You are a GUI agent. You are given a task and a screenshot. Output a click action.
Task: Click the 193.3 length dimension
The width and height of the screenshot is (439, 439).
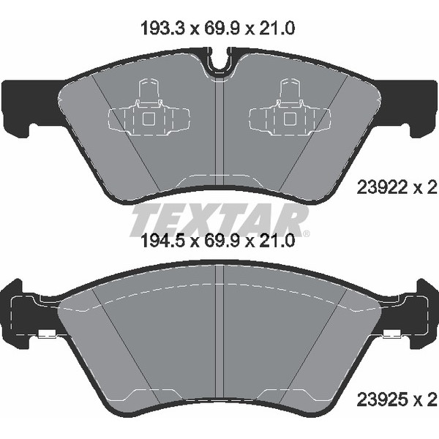(x=162, y=29)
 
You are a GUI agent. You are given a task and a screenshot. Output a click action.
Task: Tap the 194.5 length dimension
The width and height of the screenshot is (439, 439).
(x=162, y=241)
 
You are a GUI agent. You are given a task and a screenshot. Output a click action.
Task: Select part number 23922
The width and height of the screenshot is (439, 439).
(x=381, y=187)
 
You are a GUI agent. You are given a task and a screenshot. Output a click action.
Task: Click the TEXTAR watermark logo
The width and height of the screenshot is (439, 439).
(x=219, y=220)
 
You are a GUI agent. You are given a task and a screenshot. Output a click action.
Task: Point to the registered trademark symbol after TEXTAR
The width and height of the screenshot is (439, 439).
(x=307, y=233)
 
